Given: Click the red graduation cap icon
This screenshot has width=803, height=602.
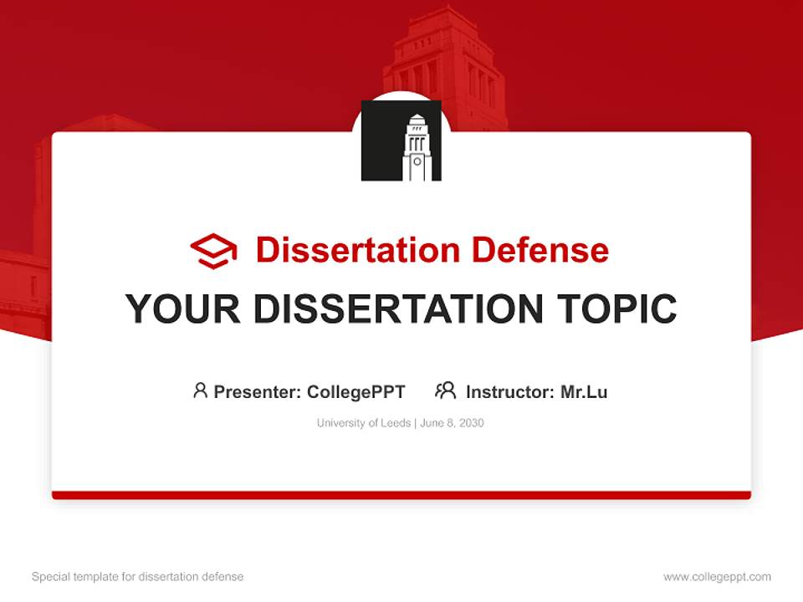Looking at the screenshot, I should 213,251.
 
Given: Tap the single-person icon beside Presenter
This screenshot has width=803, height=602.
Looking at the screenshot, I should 200,390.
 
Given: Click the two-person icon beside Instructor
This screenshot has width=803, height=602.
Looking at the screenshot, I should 445,390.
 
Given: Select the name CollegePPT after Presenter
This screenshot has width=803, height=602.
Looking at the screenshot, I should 356,391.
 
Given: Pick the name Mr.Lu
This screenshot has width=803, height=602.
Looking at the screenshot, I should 584,391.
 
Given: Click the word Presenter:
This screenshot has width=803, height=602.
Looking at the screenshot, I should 258,391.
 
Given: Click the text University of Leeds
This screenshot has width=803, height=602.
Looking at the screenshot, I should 363,423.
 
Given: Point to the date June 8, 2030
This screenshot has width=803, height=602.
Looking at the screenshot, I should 453,423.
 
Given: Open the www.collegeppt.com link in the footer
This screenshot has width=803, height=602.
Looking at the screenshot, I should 717,577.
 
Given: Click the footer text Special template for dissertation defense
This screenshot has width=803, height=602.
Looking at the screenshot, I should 138,577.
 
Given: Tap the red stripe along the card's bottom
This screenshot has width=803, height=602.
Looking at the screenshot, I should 401,495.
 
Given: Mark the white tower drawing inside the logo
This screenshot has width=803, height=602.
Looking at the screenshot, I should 416,149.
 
